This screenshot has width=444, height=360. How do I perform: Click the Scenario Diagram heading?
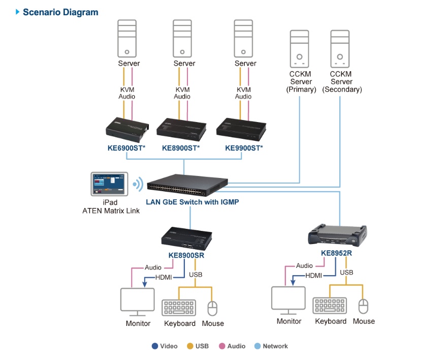[x=60, y=12]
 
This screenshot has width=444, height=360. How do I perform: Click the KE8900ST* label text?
[x=181, y=148]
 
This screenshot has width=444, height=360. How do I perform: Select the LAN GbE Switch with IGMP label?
[x=193, y=202]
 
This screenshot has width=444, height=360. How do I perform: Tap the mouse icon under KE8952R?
[x=363, y=306]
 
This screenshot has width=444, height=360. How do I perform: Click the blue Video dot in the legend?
[x=155, y=346]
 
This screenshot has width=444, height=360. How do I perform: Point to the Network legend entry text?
[x=275, y=346]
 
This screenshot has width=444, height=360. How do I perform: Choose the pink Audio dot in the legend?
[x=222, y=346]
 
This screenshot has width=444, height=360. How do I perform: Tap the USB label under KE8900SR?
[x=196, y=275]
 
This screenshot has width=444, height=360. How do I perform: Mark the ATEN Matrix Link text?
[x=111, y=211]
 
